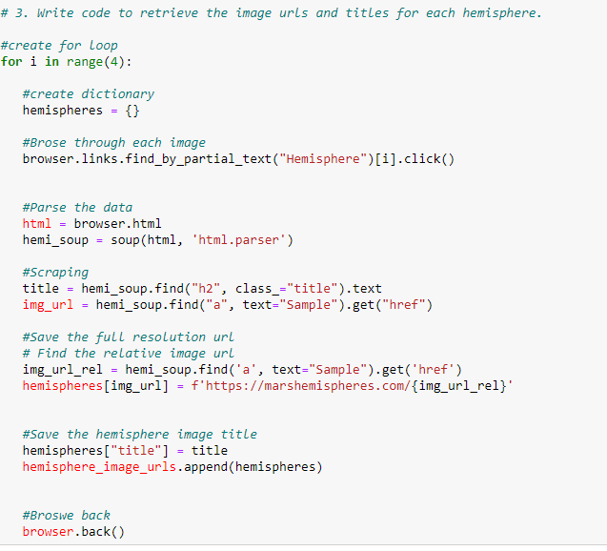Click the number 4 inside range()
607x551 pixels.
[113, 62]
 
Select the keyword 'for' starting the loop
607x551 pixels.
[11, 62]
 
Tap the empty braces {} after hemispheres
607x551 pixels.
[132, 111]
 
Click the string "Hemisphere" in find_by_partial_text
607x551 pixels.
[323, 159]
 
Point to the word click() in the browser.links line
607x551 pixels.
[429, 159]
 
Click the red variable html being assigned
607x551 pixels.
[37, 224]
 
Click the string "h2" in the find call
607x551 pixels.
[206, 289]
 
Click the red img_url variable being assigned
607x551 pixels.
[48, 305]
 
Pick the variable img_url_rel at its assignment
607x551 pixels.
[62, 370]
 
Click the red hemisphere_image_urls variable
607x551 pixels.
[99, 467]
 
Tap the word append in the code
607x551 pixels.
[206, 467]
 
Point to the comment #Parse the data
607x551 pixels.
[77, 208]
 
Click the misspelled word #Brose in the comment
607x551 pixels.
[44, 143]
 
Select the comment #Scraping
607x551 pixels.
[55, 273]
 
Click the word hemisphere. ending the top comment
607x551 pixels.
[502, 13]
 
